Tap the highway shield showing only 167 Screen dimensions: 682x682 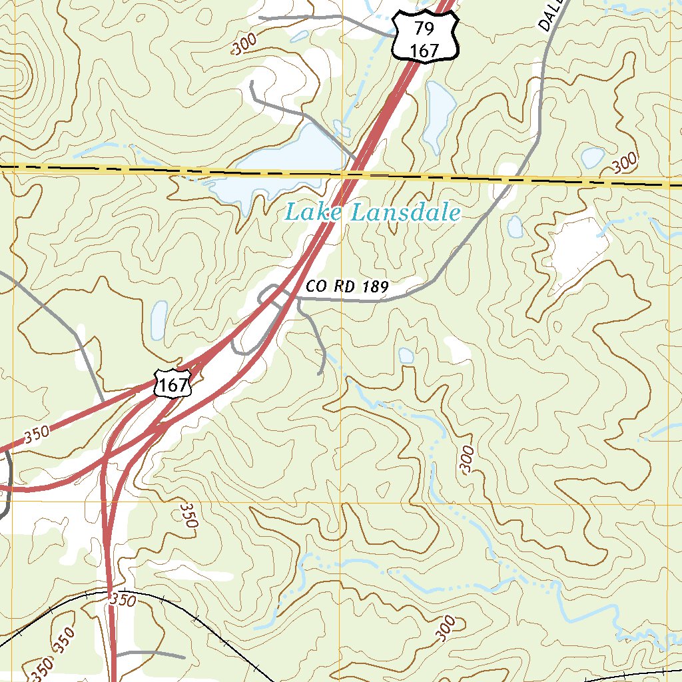173,384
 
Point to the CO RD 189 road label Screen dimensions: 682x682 347,287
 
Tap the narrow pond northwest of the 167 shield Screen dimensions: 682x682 159,320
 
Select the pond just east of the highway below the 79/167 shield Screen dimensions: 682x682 438,113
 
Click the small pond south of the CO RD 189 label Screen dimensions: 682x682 406,356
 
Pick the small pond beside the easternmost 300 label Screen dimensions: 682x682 592,157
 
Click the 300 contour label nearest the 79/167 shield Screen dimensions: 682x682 245,45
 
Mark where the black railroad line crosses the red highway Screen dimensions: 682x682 110,592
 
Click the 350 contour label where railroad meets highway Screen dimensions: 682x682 124,601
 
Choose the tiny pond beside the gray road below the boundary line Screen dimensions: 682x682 515,226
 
